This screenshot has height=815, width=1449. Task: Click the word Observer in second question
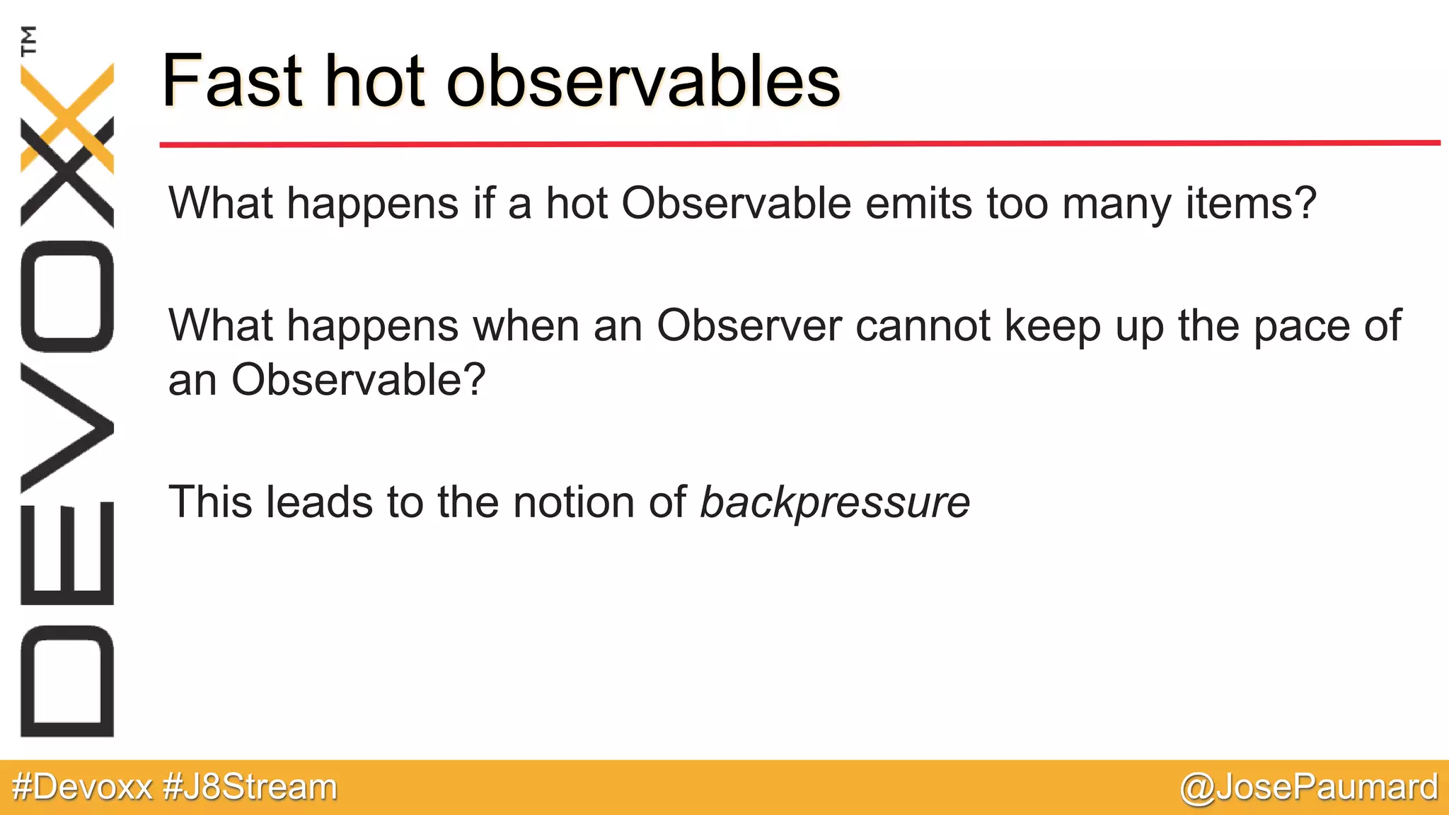749,327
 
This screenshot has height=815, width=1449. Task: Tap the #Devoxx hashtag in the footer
83,787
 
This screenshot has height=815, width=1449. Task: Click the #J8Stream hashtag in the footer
250,787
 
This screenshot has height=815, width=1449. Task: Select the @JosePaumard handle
1309,787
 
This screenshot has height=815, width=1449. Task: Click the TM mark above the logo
29,41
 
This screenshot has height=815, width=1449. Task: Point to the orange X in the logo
68,117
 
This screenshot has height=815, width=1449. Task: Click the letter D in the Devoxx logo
67,681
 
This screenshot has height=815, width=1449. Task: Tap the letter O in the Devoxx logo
67,296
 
